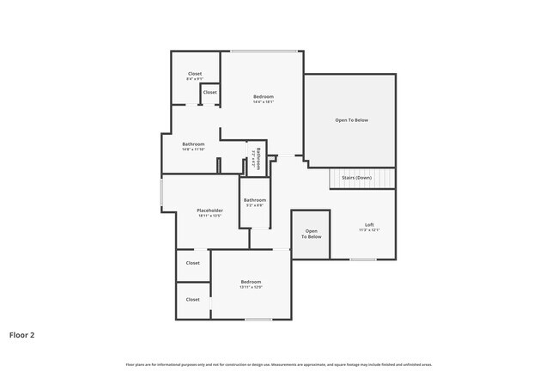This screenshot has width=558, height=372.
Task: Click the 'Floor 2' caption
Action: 22,335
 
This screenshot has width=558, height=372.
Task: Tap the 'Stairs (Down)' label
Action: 356,178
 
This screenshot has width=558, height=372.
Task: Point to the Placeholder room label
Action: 209,210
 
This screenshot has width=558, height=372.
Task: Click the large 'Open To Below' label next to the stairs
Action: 351,120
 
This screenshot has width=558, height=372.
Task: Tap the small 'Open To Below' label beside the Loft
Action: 312,234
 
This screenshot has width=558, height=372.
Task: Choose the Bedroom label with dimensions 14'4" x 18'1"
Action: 263,98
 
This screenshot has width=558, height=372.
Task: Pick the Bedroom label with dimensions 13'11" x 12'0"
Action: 251,283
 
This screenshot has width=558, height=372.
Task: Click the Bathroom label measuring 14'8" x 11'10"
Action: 193,144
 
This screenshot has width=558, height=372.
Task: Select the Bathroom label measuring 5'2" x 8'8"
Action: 255,201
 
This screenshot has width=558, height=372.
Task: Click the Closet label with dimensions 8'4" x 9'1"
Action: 195,75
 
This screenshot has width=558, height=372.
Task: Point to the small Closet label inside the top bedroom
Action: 209,92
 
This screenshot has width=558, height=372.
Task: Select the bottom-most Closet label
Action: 192,300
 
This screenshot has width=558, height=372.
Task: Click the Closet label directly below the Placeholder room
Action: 192,263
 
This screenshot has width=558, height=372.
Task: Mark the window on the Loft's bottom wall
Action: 363,259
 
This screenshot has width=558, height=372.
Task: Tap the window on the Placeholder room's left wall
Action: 161,192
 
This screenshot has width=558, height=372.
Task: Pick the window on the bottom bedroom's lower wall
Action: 258,320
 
